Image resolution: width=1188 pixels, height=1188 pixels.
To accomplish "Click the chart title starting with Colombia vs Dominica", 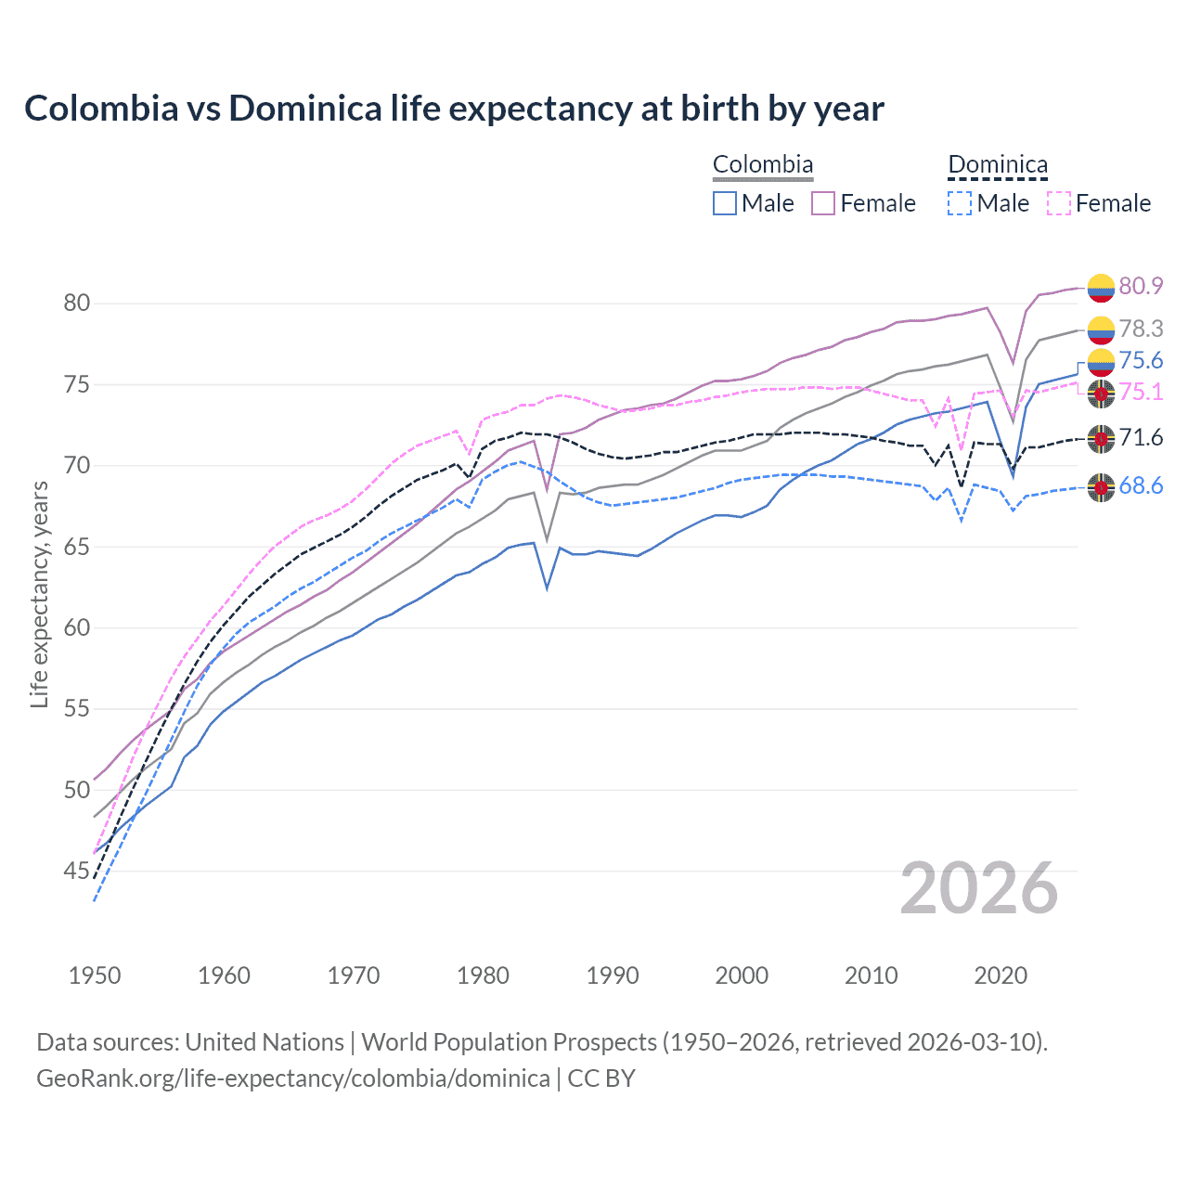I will tap(454, 109).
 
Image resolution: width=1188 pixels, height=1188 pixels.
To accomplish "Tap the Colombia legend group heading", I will tap(762, 165).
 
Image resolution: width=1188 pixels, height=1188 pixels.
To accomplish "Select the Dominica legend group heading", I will tap(997, 165).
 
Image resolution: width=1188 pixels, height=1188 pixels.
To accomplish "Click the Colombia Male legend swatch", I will tap(725, 203).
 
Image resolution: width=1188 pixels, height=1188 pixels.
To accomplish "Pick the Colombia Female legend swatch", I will tap(823, 203).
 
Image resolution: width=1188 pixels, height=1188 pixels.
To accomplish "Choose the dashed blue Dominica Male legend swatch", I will tap(960, 203).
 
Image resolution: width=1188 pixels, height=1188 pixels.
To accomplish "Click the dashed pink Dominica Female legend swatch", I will tap(1058, 203).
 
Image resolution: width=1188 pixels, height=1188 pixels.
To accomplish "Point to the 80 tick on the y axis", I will tap(77, 303).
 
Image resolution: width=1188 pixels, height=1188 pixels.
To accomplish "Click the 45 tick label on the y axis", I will tap(77, 871).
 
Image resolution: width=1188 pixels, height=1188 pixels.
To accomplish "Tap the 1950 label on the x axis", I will tap(95, 975).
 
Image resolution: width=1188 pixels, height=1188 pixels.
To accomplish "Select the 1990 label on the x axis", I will tap(613, 975).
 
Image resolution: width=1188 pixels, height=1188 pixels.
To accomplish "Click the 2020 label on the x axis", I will tap(1001, 975).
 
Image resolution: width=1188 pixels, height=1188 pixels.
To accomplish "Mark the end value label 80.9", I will tap(1141, 286).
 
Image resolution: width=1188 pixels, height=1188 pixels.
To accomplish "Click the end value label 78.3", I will tap(1141, 329).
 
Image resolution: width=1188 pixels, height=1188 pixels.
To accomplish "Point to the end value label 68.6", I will tap(1141, 486).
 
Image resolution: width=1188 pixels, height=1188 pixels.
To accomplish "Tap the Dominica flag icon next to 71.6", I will tap(1101, 438).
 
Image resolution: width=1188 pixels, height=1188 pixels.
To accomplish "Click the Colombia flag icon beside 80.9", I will tap(1101, 288).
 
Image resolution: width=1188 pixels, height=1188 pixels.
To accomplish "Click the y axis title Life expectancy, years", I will tap(39, 594).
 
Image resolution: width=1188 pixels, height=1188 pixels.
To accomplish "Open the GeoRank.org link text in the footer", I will tap(293, 1078).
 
